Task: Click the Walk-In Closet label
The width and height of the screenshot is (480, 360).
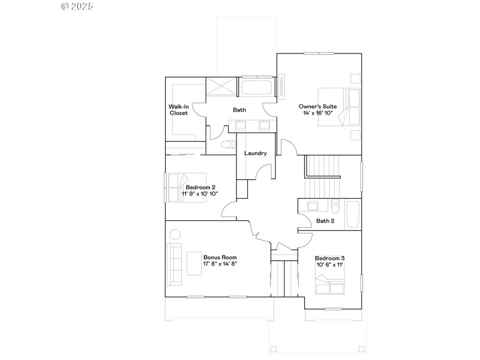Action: point(178,110)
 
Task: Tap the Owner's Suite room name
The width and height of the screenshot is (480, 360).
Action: point(318,106)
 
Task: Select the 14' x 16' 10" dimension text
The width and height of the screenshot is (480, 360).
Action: point(318,113)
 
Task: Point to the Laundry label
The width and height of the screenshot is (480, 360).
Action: point(256,154)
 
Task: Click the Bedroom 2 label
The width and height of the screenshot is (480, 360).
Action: point(197,187)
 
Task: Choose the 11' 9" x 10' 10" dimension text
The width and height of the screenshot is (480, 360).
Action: point(200,194)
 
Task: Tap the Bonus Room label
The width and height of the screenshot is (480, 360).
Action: point(217,256)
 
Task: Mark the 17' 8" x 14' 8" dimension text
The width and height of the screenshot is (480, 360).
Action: point(217,263)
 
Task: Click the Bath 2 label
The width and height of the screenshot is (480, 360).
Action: point(325,221)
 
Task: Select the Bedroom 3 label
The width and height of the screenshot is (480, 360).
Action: point(329,257)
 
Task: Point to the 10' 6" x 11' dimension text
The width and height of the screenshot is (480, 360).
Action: point(329,265)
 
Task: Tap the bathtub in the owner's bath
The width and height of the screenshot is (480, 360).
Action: point(257,88)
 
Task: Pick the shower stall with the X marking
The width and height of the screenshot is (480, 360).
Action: point(222,87)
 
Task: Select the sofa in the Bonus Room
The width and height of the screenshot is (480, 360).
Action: point(175,260)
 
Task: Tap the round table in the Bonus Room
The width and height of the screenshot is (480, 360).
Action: point(175,234)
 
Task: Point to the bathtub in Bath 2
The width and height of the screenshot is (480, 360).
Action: point(353,215)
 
